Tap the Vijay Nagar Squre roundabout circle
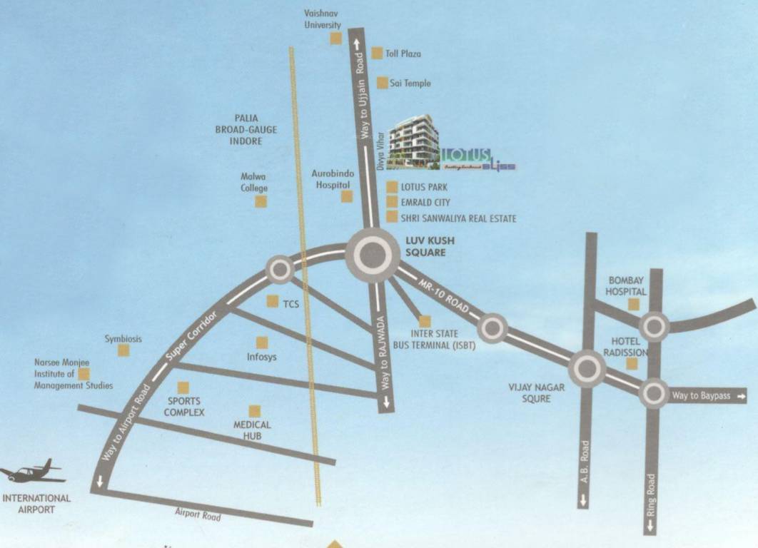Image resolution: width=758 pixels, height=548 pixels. click(587, 369)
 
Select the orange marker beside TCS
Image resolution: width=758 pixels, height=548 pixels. click(273, 302)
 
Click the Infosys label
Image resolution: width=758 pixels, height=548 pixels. click(262, 357)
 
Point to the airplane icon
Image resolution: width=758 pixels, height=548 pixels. click(32, 472)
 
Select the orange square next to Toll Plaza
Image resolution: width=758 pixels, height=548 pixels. click(377, 54)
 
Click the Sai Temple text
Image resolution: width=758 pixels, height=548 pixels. click(410, 83)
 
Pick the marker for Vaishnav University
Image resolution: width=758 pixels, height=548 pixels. click(335, 39)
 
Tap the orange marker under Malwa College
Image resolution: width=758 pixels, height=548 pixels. click(261, 202)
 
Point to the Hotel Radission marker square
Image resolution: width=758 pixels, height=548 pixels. click(632, 364)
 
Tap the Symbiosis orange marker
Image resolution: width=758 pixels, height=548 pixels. click(123, 350)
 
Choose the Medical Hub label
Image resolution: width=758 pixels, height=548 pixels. click(252, 430)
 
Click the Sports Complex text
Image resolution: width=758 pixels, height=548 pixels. click(184, 407)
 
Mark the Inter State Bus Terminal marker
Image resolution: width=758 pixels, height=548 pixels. click(425, 321)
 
